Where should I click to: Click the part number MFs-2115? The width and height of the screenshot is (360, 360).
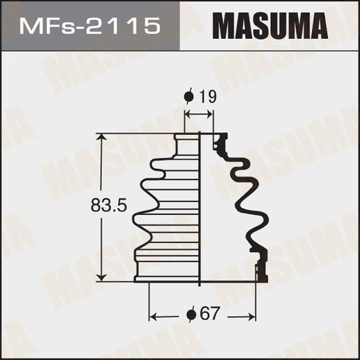click(x=89, y=25)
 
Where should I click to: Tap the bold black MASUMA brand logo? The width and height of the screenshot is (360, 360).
click(x=269, y=25)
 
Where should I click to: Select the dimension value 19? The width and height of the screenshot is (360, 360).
click(x=208, y=97)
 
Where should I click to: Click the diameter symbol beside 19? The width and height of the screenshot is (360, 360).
click(x=189, y=97)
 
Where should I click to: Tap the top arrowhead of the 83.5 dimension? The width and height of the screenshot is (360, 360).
click(x=101, y=138)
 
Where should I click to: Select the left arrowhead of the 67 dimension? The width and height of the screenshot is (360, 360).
click(x=153, y=314)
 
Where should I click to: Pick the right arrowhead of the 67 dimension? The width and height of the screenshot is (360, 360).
click(x=252, y=314)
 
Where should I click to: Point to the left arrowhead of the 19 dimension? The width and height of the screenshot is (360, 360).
click(x=188, y=115)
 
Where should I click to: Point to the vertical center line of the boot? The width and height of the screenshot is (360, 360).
click(x=201, y=208)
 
